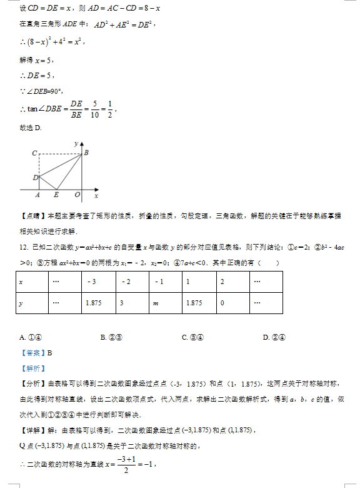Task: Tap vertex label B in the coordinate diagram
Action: [x=86, y=153]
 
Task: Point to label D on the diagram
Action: [x=35, y=178]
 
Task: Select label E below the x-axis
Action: [x=56, y=195]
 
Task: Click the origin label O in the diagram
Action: [x=77, y=195]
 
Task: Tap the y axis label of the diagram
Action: [x=76, y=143]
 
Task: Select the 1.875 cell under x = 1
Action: [x=193, y=302]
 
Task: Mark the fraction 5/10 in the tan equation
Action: [x=94, y=109]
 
